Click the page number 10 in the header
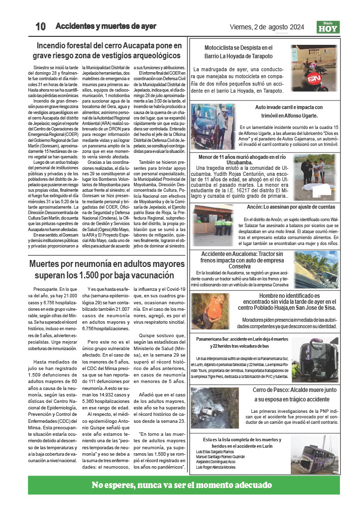point(41,26)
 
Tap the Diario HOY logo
point(328,27)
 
